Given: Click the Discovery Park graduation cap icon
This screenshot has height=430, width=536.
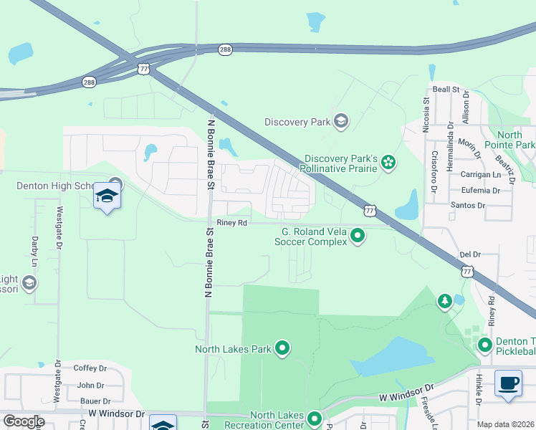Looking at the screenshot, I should (x=341, y=121).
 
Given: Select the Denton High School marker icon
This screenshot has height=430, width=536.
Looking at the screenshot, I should (x=107, y=196).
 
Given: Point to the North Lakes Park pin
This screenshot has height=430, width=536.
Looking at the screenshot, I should (x=282, y=349).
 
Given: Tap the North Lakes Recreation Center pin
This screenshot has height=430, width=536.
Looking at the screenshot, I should (x=314, y=418).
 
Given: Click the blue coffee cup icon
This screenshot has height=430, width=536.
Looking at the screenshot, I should (x=508, y=383).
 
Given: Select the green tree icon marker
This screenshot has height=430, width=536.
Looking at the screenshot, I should (x=445, y=301).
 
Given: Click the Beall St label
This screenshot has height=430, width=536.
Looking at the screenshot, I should (x=445, y=90).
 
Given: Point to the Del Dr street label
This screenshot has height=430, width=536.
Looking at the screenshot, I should (x=469, y=254).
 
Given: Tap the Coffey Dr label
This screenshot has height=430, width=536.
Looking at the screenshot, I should (x=90, y=368).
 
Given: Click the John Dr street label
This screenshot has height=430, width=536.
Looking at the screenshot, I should (x=90, y=385).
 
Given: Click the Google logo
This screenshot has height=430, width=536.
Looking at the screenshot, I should (x=24, y=421).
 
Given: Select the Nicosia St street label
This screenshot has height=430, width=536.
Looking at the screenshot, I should (x=426, y=111).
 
